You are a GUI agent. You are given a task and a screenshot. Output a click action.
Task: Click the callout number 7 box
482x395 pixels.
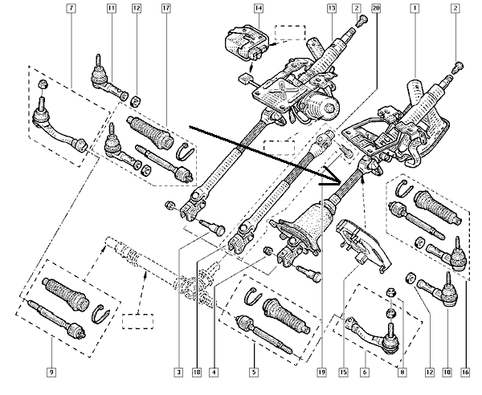click(71, 9)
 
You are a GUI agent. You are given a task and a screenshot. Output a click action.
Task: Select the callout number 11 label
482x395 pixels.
click(112, 9)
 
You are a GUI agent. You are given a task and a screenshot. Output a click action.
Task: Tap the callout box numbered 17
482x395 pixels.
click(166, 9)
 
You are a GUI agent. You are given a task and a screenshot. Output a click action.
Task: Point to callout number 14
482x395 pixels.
click(258, 9)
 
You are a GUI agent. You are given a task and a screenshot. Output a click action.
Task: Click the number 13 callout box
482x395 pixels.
click(330, 9)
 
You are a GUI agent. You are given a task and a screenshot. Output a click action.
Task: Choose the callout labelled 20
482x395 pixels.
click(377, 9)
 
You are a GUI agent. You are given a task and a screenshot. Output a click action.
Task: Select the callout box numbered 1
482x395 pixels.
click(415, 9)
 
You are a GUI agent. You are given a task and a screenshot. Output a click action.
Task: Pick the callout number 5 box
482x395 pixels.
click(253, 371)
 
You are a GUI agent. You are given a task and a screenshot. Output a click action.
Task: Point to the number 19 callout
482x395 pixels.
click(321, 371)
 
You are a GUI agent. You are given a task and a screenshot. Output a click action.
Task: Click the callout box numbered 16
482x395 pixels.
click(464, 371)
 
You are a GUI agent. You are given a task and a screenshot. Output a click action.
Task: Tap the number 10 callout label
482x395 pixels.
click(446, 371)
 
